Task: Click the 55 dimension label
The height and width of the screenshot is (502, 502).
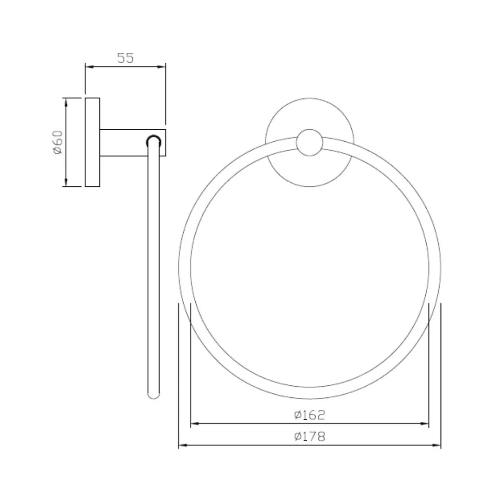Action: click(125, 58)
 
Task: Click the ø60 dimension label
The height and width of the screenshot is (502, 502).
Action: click(58, 142)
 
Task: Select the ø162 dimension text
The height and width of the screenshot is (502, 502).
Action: click(310, 415)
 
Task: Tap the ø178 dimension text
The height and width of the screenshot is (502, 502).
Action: click(310, 436)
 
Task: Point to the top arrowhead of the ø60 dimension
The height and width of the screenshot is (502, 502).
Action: click(66, 102)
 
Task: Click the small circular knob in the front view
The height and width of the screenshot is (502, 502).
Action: click(310, 142)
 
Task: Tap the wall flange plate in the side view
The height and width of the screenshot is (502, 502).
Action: click(92, 142)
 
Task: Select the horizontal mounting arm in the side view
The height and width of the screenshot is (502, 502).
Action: click(123, 142)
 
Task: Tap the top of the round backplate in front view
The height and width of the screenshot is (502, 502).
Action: click(310, 99)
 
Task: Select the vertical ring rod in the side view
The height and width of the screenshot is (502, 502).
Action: click(153, 270)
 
